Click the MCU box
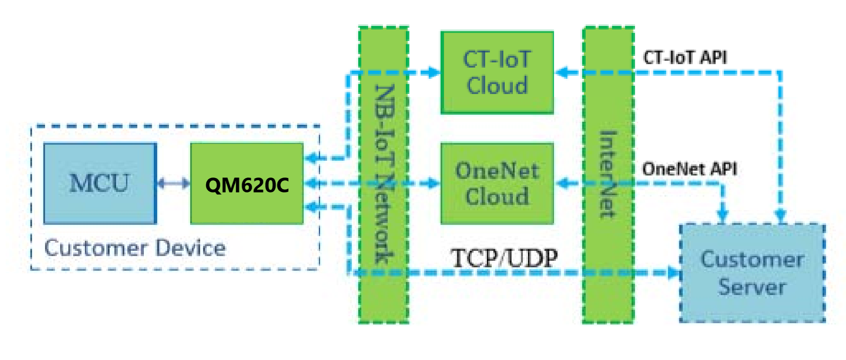coord(100,183)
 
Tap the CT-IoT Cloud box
coord(497,72)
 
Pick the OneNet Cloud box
coord(497,183)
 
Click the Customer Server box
coord(752,273)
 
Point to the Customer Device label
coord(135,248)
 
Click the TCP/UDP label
coord(504,258)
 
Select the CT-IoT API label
coord(685,57)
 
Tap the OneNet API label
coord(689,169)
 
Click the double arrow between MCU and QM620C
coord(173,184)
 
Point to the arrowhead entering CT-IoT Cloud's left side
coord(434,72)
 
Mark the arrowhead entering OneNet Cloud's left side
coord(434,183)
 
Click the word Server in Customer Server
coord(752,287)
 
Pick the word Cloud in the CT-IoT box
coord(497,85)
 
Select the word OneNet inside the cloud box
coord(497,171)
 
